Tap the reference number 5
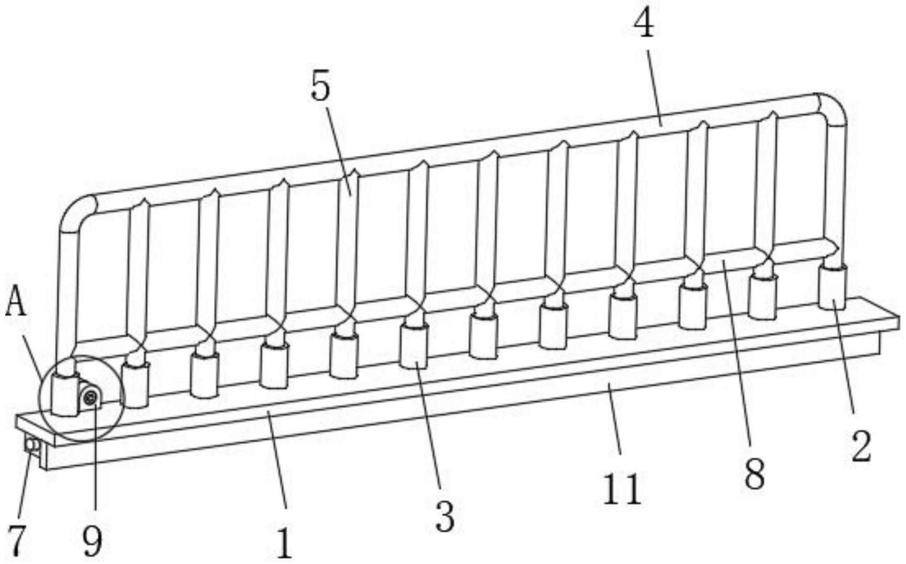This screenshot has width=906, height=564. pos(321,87)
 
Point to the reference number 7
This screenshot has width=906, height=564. pos(17,540)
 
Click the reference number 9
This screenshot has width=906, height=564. pos(92,540)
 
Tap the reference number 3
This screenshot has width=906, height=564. pos(445,517)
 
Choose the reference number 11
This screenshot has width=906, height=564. pos(622,489)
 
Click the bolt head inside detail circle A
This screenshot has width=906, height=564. pos(91,398)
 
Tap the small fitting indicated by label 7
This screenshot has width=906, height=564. pos(31,446)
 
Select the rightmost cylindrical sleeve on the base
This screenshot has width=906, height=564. pos(833,287)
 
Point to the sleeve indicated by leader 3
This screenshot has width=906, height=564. pos(414,346)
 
